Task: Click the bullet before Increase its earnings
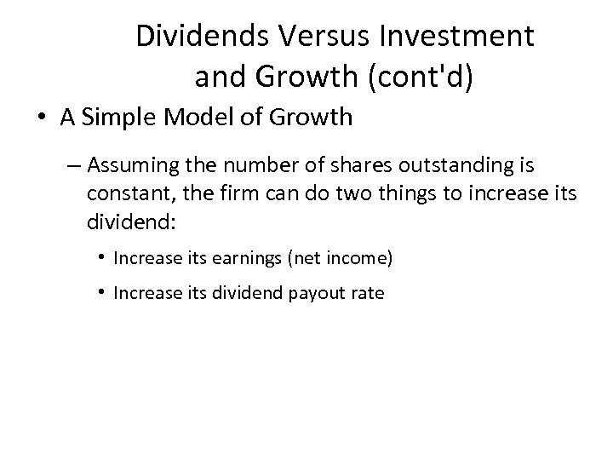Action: (101, 254)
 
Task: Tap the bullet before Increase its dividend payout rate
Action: (101, 292)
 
